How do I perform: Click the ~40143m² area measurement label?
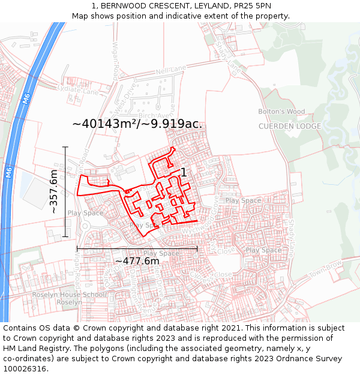[107, 124]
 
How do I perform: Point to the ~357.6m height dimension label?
[53, 191]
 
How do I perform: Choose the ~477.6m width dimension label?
[137, 261]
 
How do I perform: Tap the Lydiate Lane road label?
[77, 91]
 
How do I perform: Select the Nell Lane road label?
[170, 71]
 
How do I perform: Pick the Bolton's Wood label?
[281, 112]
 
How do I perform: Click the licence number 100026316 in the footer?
[26, 369]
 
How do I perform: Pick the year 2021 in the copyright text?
[232, 328]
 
